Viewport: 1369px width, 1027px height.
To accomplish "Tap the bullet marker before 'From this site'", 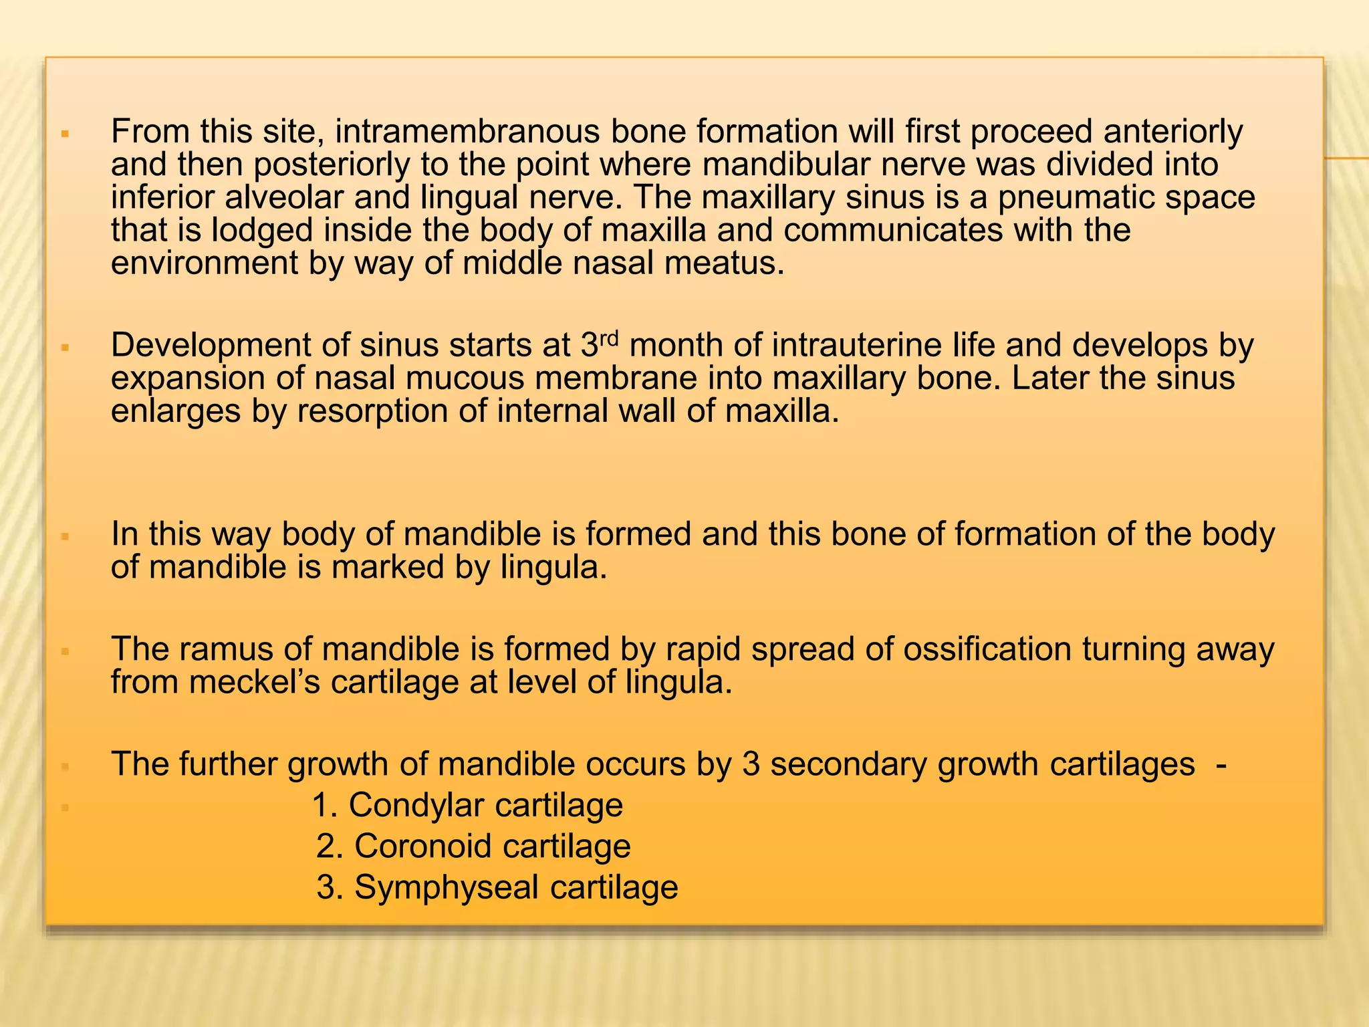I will click(65, 134).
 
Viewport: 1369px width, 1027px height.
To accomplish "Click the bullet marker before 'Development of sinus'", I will click(65, 348).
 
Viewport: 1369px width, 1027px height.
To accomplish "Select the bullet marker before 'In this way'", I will click(65, 536).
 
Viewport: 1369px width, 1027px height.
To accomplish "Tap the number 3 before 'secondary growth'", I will click(751, 765).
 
